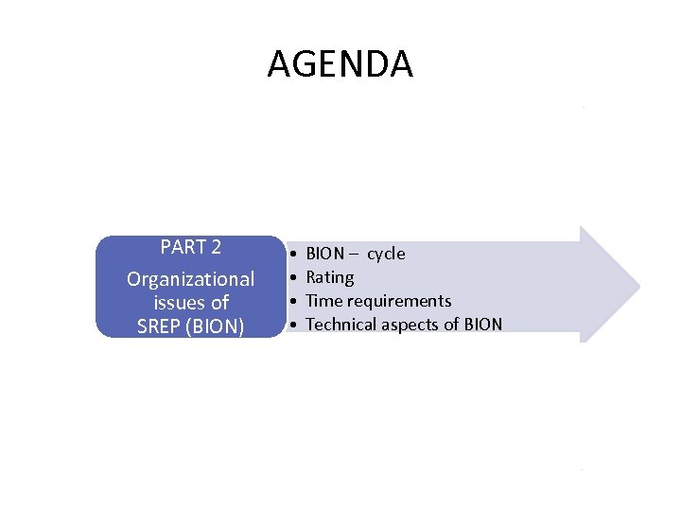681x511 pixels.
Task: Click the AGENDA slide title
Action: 340,64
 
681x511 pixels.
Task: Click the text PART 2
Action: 191,248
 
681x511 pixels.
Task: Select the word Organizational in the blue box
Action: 191,279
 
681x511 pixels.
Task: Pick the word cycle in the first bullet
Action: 386,254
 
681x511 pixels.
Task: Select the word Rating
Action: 330,277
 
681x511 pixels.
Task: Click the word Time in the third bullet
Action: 324,301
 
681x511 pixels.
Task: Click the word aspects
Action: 417,325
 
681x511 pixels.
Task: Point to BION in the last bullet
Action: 481,325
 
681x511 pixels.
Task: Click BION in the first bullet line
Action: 326,254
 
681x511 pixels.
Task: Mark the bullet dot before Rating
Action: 295,278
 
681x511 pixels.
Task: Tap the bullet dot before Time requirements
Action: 295,302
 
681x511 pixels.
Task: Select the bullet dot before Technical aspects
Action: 295,326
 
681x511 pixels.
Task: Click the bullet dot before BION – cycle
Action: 295,255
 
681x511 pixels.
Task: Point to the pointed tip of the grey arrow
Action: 638,283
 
